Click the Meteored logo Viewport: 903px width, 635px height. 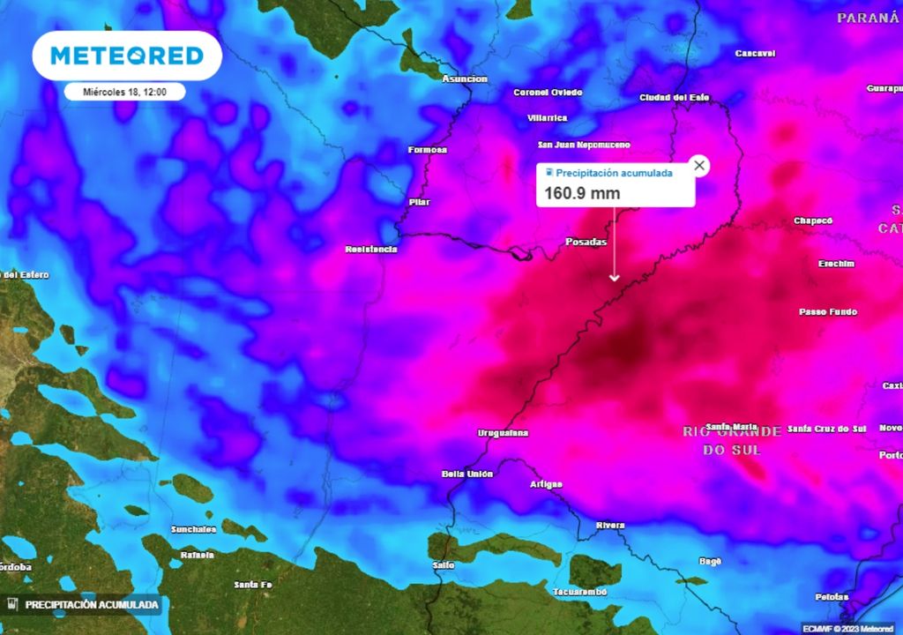[127, 56]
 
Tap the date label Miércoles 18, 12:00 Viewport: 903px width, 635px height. [124, 91]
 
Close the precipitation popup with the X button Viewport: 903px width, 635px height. [699, 165]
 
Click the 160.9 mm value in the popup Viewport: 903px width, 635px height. [582, 193]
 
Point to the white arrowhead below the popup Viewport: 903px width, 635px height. [615, 278]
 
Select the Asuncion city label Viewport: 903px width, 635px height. [464, 79]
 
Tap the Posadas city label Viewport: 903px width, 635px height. [586, 242]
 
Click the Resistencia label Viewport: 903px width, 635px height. [370, 250]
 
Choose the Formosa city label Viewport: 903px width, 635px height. [428, 150]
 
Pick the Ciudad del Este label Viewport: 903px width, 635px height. [675, 98]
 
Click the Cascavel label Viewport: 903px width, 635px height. [755, 54]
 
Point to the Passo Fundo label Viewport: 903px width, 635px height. [827, 312]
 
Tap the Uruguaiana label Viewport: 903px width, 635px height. [503, 433]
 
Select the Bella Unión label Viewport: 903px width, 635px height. [467, 474]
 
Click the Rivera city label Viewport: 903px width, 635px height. [610, 526]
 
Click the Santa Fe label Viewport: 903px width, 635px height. [252, 585]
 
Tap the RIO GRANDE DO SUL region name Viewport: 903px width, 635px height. [731, 440]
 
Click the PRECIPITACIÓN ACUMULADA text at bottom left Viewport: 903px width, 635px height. [92, 605]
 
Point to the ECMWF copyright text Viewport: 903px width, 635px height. [847, 628]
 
